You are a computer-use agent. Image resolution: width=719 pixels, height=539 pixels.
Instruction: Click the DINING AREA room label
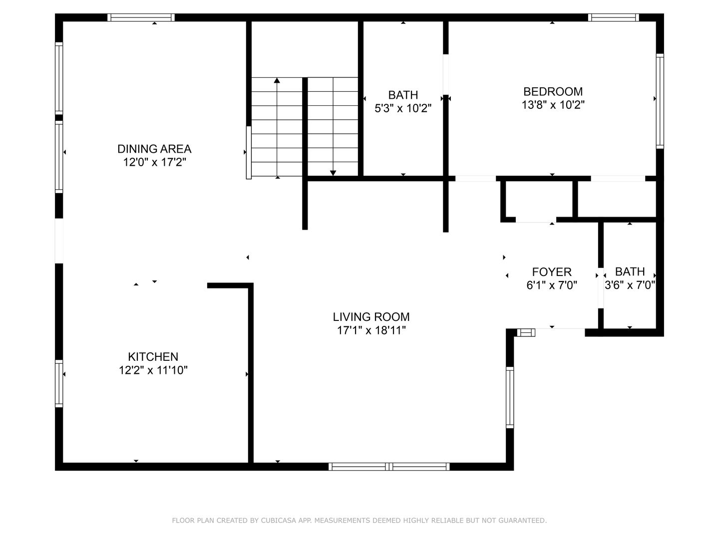[x=154, y=149]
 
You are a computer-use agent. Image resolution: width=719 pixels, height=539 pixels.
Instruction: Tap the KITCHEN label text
[x=153, y=357]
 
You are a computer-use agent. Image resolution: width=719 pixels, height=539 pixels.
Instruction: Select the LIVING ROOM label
[x=371, y=317]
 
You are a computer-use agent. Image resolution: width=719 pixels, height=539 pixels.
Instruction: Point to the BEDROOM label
[x=553, y=92]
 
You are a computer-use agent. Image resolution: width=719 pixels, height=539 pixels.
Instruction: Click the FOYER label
[x=552, y=272]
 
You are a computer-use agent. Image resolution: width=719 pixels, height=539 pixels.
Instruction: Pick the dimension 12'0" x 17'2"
[x=154, y=162]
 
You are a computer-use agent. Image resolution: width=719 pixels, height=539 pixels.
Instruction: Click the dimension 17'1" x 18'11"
[x=371, y=330]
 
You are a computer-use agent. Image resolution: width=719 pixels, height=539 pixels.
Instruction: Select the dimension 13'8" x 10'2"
[x=553, y=105]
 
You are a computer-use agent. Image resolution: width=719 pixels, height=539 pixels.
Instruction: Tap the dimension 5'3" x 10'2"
[x=403, y=108]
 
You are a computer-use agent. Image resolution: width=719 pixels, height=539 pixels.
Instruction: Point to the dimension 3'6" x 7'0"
[x=630, y=285]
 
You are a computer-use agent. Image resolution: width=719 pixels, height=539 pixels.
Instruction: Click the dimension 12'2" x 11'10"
[x=153, y=370]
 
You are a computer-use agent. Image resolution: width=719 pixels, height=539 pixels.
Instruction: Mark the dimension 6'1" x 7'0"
[x=552, y=285]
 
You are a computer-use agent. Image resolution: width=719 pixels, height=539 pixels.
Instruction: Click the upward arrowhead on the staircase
[x=277, y=80]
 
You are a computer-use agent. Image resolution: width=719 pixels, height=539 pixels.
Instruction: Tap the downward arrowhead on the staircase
[x=333, y=173]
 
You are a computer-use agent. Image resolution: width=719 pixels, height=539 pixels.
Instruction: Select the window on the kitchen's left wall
[x=59, y=383]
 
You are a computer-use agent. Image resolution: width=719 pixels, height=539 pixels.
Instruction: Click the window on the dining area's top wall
[x=141, y=17]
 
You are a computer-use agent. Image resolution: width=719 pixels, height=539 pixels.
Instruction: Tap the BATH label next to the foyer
[x=630, y=272]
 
